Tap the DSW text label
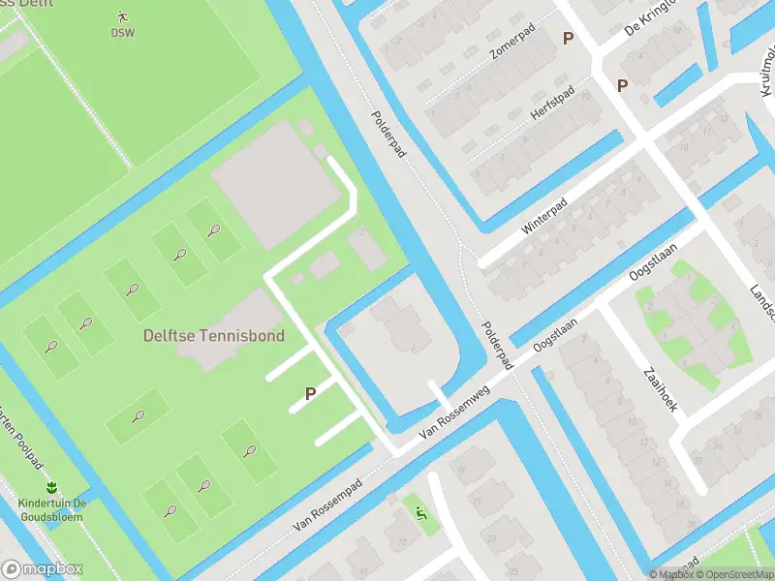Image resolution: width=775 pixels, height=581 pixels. click(122, 32)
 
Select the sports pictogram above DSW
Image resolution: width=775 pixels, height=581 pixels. click(122, 15)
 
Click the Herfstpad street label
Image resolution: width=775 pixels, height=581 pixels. click(552, 103)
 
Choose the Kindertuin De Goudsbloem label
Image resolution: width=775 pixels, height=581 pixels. click(51, 509)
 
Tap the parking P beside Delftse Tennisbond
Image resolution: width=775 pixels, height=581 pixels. click(311, 394)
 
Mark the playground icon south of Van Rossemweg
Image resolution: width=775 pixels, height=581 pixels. click(420, 513)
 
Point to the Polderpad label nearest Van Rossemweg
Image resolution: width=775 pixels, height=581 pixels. click(493, 345)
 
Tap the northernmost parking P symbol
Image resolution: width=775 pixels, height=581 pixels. click(569, 38)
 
